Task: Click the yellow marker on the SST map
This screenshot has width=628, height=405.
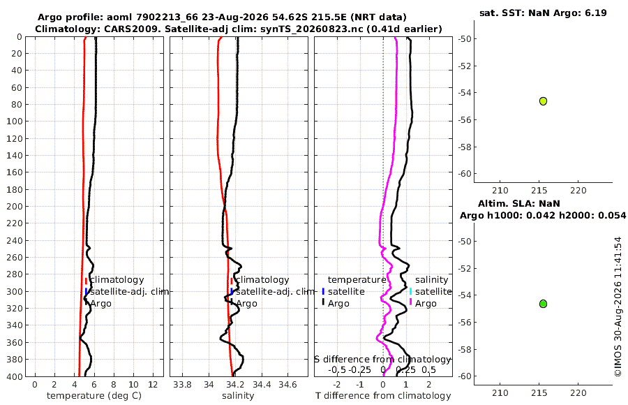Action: click(543, 101)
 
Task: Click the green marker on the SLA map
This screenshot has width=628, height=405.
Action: click(543, 304)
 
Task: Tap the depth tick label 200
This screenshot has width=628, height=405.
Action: click(15, 206)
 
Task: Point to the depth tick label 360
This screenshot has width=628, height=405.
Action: click(15, 342)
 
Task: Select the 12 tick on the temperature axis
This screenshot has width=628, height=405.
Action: click(153, 385)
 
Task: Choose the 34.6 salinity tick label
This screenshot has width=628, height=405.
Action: click(287, 385)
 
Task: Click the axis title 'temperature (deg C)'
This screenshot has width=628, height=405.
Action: click(94, 396)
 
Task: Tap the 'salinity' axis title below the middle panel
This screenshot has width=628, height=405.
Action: click(238, 396)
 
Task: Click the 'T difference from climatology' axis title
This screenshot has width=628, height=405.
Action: click(383, 396)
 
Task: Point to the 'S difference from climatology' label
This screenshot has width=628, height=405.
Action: click(383, 360)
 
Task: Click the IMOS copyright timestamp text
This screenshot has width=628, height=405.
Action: click(618, 307)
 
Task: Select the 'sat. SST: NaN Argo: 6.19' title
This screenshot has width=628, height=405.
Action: click(543, 13)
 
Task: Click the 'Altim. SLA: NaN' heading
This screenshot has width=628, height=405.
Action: click(519, 204)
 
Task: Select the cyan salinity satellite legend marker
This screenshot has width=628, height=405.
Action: click(410, 291)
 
